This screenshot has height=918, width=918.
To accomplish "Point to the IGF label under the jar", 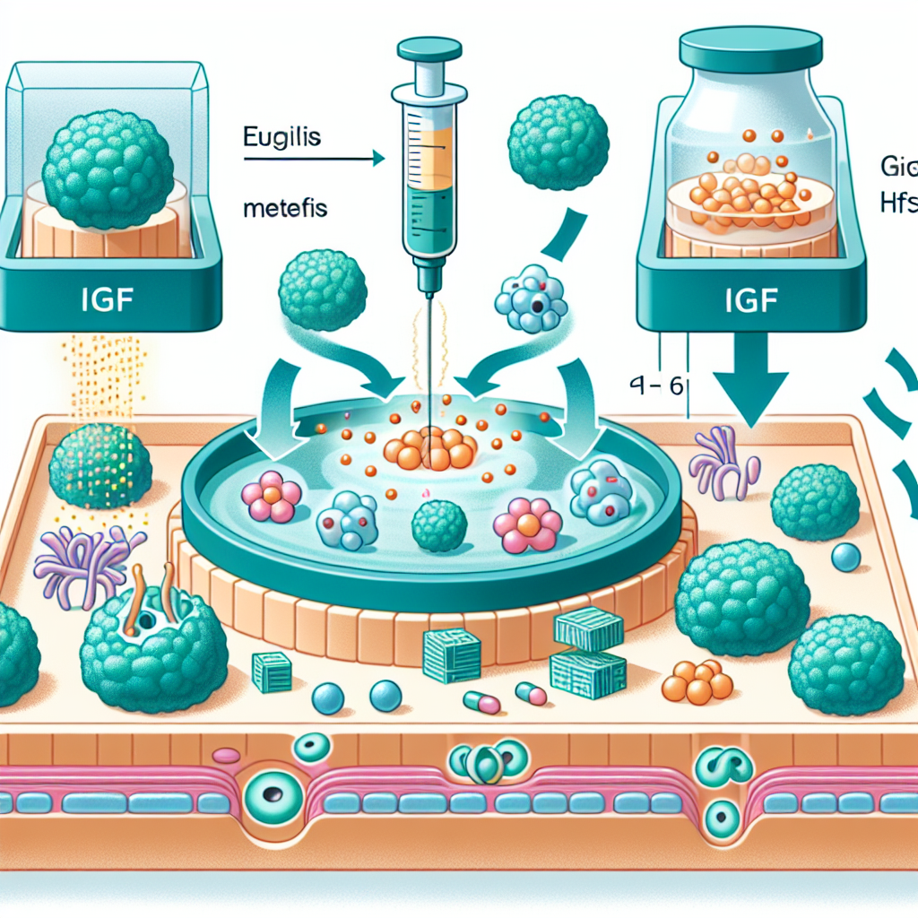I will tap(751, 300).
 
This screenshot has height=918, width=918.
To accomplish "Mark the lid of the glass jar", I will tap(751, 47).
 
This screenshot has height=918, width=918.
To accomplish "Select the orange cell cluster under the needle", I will tap(434, 448).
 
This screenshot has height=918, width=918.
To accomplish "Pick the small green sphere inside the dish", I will tap(439, 524).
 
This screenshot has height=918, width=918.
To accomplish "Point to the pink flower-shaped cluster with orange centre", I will tap(528, 524).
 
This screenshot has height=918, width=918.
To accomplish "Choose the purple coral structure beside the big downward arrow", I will tap(723, 463).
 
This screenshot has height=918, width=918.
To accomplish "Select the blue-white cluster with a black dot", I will tap(532, 297).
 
